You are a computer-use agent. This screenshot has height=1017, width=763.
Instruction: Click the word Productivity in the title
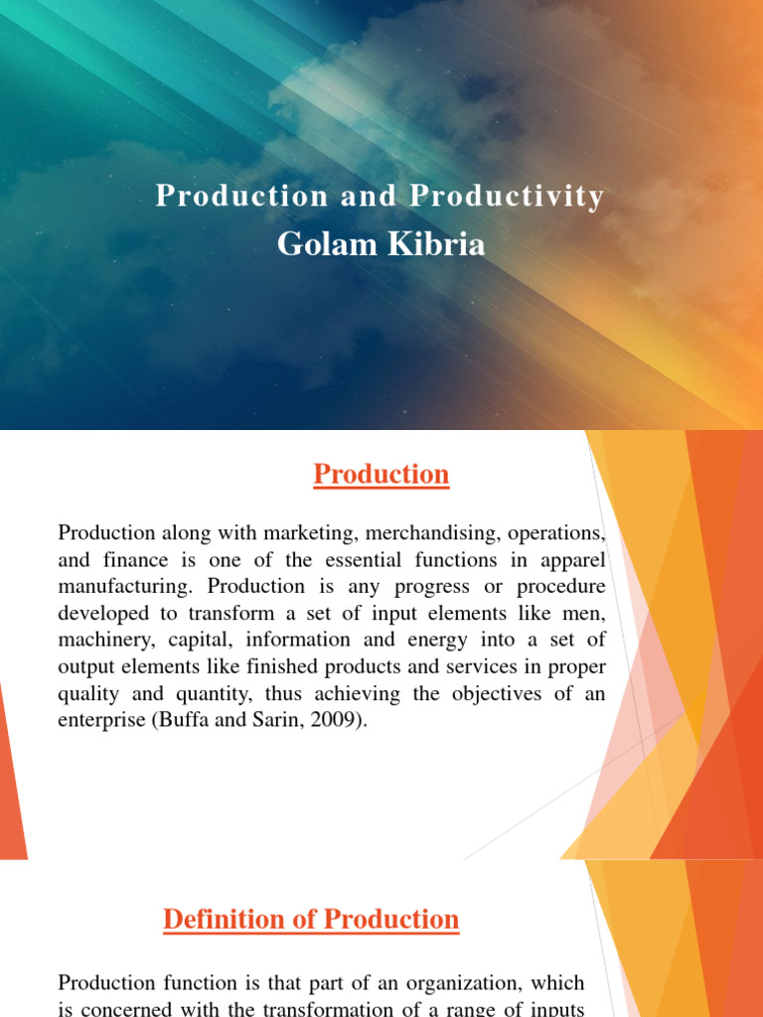coord(508,197)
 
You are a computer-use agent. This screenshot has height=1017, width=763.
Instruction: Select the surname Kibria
coord(437,243)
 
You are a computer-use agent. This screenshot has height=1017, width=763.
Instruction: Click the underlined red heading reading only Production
coord(381,475)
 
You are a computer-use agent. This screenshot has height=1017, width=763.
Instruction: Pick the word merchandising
coord(422,534)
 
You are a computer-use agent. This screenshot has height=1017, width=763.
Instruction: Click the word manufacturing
coord(119,587)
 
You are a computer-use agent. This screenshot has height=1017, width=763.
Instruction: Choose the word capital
coord(204,641)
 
